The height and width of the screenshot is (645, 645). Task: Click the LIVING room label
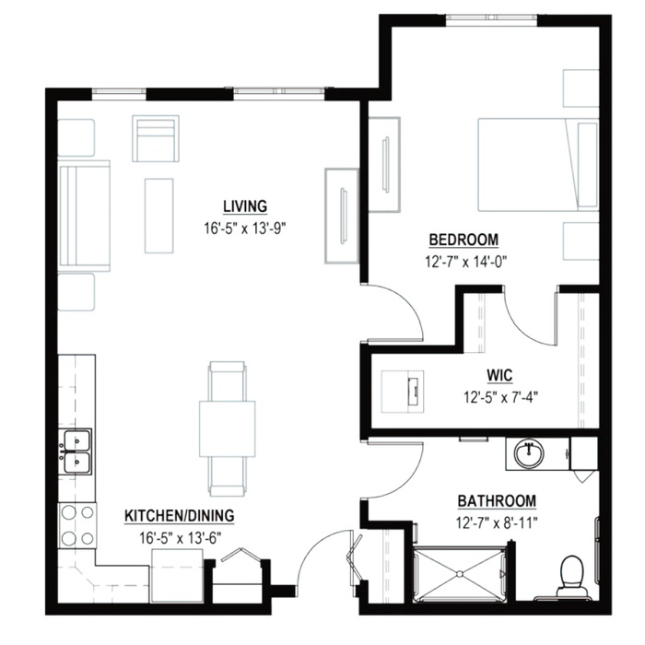pos(245,206)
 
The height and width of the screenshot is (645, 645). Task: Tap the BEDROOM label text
pos(463,240)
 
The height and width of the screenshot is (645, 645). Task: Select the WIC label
pos(499,376)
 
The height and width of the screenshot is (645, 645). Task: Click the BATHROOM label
pos(497,501)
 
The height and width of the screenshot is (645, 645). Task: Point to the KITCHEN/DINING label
pos(180,516)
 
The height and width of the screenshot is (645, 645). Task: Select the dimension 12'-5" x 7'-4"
pos(501,397)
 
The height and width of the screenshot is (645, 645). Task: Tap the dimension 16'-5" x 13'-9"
pos(245,228)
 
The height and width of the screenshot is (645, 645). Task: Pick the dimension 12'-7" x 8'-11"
pos(497,522)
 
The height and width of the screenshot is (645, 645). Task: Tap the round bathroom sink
pos(530,453)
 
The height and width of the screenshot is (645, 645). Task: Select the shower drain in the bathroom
pos(458,573)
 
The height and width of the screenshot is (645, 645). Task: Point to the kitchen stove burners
pos(77,525)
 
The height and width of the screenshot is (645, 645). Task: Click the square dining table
pos(227,428)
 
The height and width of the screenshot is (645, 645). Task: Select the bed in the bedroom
pos(538,165)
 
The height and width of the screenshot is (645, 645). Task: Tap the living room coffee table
pos(158,216)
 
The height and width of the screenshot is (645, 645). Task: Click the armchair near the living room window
pos(156,138)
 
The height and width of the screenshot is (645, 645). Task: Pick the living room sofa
pos(85,216)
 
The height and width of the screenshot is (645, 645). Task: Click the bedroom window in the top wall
pos(492,18)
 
